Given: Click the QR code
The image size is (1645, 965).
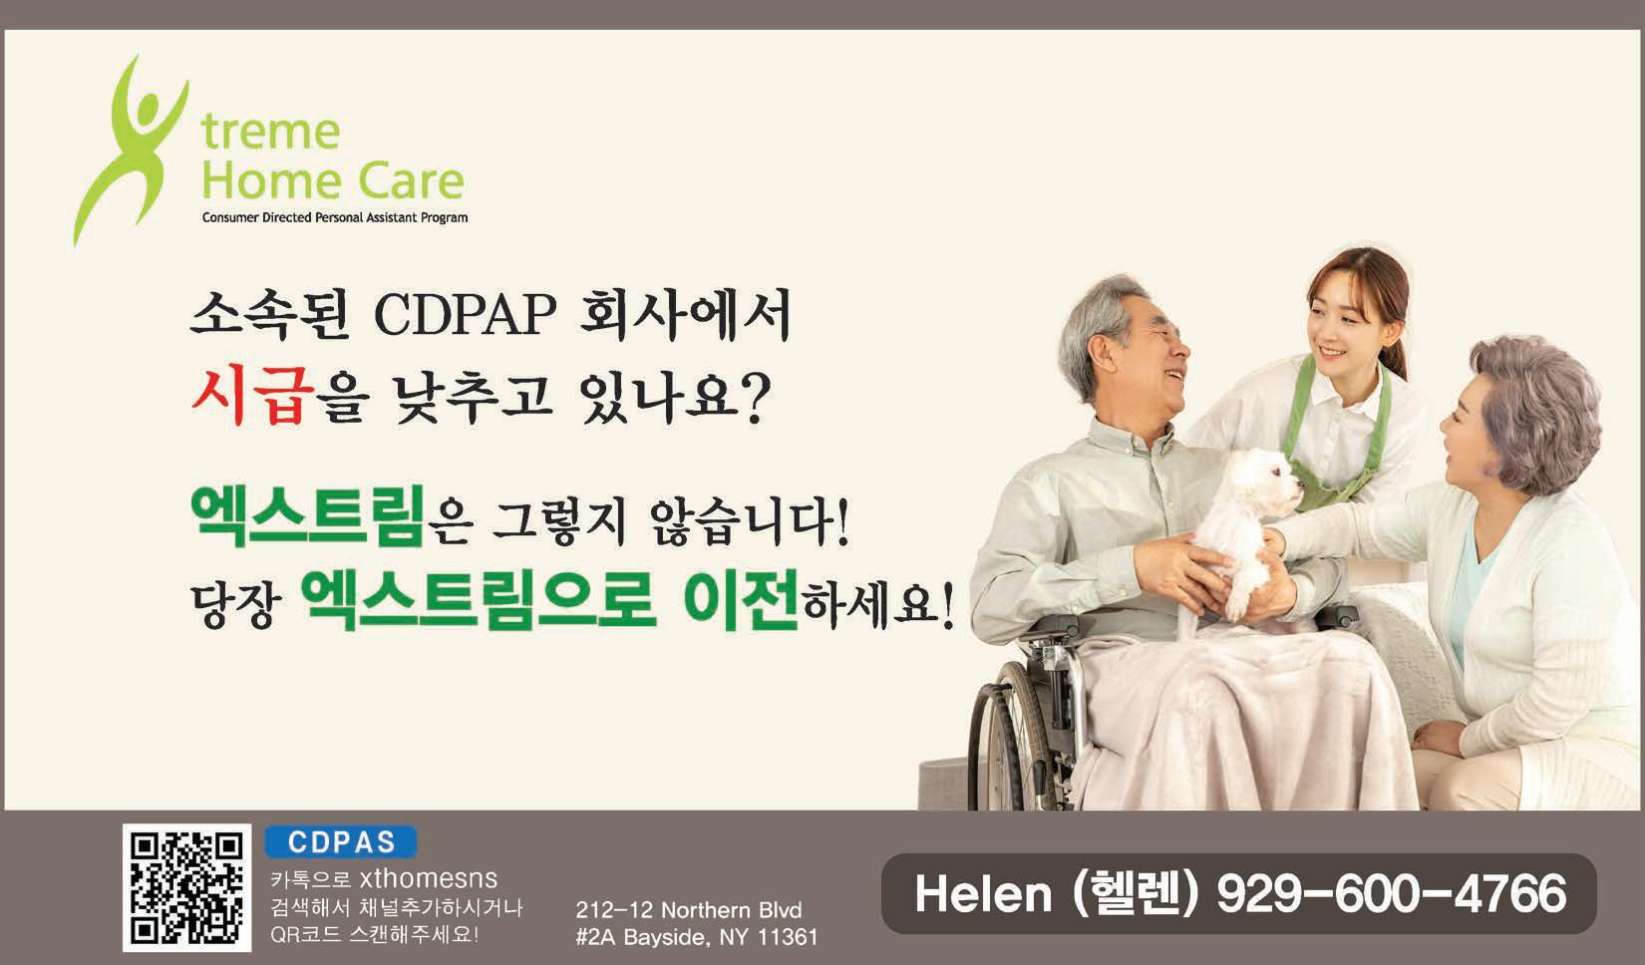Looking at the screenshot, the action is (186, 888).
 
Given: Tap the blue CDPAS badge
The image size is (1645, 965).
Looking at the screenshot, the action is (341, 841).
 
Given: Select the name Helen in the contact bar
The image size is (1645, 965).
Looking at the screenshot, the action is (983, 894).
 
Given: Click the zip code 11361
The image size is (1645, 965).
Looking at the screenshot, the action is (788, 937).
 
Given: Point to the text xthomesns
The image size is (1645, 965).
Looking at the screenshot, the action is (429, 878).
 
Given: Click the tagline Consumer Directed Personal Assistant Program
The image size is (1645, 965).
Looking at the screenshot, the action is (335, 217).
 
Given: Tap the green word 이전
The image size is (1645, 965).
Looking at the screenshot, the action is (740, 601).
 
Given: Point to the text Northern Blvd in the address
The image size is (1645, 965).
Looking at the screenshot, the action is (732, 910).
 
